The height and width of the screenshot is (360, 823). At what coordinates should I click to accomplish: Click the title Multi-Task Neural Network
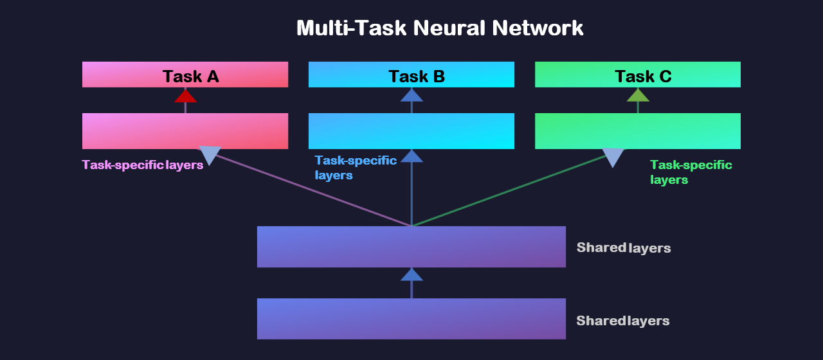pos(440,28)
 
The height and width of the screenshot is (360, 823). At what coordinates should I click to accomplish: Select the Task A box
pos(185,75)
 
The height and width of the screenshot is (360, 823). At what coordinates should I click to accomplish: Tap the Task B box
pos(411,75)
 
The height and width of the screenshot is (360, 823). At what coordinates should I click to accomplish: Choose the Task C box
pos(638,75)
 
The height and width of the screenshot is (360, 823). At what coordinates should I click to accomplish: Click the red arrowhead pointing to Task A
pos(185,96)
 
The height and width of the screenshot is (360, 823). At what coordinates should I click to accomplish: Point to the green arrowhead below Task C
pos(638,96)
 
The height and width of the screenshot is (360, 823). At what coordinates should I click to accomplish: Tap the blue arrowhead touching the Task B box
pos(411,96)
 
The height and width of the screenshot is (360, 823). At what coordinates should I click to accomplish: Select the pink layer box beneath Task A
pos(185,130)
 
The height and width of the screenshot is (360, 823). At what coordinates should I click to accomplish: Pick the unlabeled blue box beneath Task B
pos(411,130)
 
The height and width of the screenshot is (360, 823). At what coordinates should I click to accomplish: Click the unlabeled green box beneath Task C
pos(638,130)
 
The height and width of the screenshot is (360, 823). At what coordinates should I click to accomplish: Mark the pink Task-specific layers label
pos(142,165)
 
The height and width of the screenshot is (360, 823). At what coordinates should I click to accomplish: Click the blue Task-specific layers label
pos(355,167)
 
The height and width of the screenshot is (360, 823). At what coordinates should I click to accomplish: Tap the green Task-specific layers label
pos(691,172)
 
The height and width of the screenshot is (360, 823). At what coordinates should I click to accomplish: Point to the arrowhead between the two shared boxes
pos(411,275)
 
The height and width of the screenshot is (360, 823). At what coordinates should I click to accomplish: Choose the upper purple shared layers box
pos(411,247)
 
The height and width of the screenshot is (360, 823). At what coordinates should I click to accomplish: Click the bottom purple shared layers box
pos(411,318)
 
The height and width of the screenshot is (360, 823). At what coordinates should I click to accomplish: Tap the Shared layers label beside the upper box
pos(623,248)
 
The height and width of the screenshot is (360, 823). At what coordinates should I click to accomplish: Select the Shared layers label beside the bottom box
pos(622,321)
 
